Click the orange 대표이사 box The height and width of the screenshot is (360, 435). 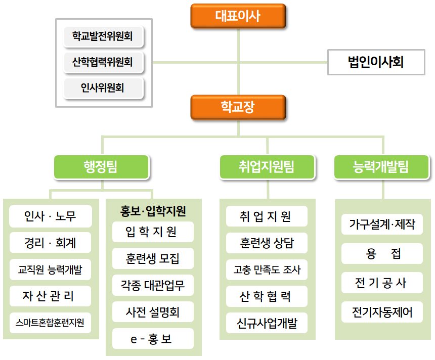238,16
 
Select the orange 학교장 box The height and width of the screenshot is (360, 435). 238,107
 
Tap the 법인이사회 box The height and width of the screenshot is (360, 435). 376,62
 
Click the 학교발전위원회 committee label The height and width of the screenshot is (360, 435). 103,36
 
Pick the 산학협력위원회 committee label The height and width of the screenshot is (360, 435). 103,62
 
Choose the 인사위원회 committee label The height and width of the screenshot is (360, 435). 103,88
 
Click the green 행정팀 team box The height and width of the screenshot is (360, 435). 101,167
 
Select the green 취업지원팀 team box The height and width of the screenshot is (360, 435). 267,167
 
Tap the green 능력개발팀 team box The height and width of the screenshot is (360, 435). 381,167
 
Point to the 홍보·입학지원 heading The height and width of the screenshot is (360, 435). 153,211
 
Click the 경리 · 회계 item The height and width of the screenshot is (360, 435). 50,243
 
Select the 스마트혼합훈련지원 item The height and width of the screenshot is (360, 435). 50,323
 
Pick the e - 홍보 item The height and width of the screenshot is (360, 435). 153,339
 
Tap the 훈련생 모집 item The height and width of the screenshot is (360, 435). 153,258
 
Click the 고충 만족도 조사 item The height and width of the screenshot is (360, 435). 267,269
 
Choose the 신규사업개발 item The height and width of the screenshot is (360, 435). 267,323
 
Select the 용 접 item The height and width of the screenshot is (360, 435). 382,253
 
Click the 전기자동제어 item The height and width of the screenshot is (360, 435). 382,312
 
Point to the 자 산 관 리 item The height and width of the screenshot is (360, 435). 50,296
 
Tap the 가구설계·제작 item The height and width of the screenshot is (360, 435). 382,224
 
